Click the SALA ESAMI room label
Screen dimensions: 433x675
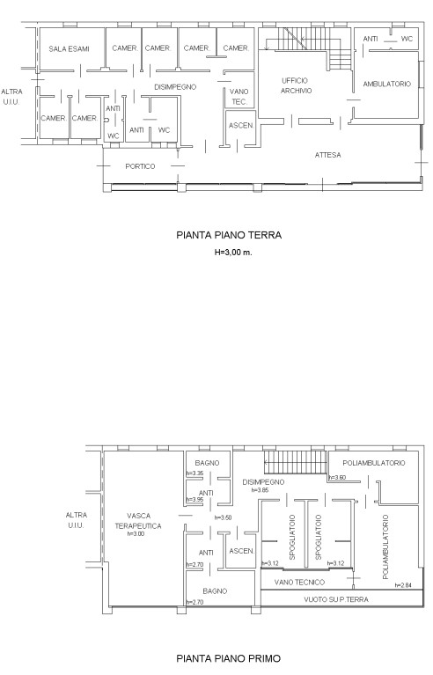point(69,48)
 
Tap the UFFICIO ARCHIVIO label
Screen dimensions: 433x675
point(296,85)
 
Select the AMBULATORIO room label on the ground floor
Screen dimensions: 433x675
point(387,84)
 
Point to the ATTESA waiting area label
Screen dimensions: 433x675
point(328,155)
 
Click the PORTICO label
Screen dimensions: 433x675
point(140,166)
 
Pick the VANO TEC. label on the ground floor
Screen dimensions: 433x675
point(239,97)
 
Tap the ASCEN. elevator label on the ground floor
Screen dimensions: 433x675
point(241,126)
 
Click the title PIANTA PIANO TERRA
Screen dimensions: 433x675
point(229,235)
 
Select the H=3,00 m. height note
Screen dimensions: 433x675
point(233,253)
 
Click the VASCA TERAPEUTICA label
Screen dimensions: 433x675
point(138,520)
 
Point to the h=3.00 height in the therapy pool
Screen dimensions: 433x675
point(136,534)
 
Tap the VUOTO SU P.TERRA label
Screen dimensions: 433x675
point(336,599)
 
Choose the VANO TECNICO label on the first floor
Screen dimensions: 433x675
point(299,583)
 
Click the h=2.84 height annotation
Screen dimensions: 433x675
point(403,585)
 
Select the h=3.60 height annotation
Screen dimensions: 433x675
point(337,477)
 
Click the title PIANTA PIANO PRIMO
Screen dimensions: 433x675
point(229,658)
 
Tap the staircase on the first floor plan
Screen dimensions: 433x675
point(295,462)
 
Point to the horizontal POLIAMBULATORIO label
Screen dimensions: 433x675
point(374,463)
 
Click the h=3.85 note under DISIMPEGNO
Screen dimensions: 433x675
point(261,490)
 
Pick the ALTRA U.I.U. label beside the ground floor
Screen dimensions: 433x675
point(11,97)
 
